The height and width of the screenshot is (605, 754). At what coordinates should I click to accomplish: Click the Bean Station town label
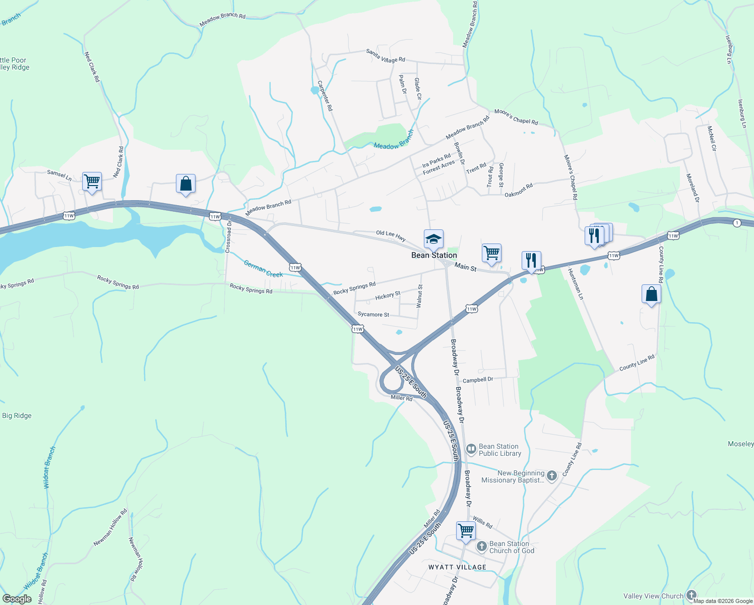(x=434, y=255)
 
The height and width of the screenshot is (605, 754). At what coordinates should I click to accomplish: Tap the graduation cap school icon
(x=433, y=239)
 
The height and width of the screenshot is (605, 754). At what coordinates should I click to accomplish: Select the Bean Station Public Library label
(x=499, y=450)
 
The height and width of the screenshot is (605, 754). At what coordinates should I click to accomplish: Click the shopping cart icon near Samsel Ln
(x=92, y=181)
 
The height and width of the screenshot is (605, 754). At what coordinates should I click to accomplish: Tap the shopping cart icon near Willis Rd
(x=466, y=530)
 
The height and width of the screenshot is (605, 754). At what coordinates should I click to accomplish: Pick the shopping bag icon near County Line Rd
(x=651, y=294)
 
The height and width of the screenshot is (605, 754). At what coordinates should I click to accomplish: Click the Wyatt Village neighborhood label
(x=457, y=567)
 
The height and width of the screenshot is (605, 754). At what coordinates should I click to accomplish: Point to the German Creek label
(x=263, y=268)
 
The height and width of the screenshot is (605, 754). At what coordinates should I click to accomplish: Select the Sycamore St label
(x=373, y=315)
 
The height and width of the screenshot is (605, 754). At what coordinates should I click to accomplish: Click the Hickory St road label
(x=388, y=295)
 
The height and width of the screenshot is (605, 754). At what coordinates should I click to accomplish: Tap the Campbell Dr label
(x=477, y=380)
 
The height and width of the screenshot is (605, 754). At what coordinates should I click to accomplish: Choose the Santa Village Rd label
(x=386, y=56)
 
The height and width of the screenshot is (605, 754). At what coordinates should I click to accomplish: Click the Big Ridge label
(x=17, y=415)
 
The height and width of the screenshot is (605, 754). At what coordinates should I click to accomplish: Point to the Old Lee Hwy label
(x=391, y=235)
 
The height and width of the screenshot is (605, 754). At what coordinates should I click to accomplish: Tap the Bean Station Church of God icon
(x=481, y=546)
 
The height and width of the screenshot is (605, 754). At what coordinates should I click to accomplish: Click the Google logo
(x=17, y=598)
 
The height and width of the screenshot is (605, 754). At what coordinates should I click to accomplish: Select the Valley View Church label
(x=653, y=596)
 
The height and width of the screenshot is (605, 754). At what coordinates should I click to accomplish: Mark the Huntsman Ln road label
(x=575, y=284)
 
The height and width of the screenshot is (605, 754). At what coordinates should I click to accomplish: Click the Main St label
(x=465, y=267)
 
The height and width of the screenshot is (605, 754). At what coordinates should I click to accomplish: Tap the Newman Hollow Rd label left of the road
(x=110, y=528)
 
